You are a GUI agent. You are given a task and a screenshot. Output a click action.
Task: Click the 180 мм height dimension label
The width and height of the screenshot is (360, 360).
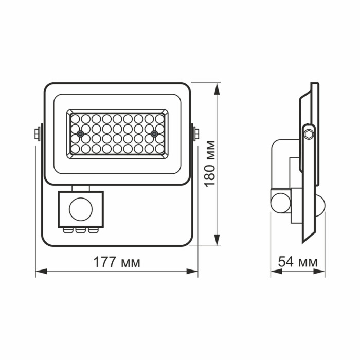(x=210, y=164)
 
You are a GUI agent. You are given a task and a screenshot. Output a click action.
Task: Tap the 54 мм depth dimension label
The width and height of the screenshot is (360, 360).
(x=298, y=262)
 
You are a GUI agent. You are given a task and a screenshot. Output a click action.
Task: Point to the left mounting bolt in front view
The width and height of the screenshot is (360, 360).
(x=37, y=134)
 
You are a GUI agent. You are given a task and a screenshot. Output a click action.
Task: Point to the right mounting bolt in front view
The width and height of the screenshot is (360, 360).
(x=196, y=134)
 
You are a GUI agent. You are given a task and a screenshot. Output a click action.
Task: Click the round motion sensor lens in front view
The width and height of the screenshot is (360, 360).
(x=80, y=209)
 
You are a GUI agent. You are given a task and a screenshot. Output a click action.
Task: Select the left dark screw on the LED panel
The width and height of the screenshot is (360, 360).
(x=80, y=134)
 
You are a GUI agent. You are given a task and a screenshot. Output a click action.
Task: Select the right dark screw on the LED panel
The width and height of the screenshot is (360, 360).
(x=154, y=134)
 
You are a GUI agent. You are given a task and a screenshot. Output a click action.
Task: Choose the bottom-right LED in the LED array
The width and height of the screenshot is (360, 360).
(x=159, y=149)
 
